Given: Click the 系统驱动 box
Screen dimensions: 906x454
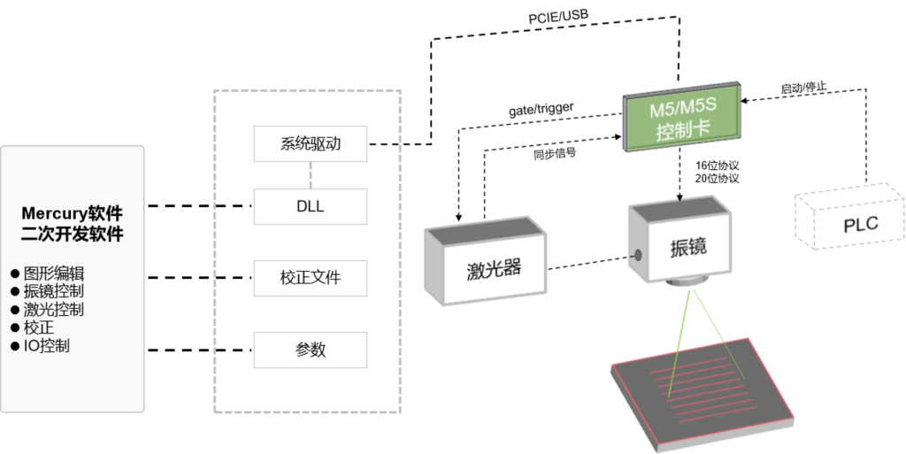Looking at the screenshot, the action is pos(311,144).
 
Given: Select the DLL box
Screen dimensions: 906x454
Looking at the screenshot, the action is pos(311,206).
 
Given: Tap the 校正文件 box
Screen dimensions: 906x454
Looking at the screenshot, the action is pos(311,278).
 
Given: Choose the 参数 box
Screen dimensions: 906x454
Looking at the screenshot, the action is pos(311,350).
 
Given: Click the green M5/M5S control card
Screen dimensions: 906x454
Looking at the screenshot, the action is pos(682,117).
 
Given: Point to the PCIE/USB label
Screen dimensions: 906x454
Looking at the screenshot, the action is pos(558,17).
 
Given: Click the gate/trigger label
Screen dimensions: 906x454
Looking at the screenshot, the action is pos(541,109).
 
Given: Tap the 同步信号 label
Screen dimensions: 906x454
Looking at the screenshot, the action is pos(554,154).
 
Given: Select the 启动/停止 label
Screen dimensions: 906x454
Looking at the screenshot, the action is pos(803,88).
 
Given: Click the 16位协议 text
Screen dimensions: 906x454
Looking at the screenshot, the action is pos(717,166).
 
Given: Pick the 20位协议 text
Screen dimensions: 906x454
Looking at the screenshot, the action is pos(717,179).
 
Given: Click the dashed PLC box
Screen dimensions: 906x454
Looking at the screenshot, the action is pos(849,216).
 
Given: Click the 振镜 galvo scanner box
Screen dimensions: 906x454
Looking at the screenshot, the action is pos(680,242).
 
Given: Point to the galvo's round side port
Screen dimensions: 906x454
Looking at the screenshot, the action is pos(638,255).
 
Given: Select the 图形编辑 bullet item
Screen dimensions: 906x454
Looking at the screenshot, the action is pos(48,273).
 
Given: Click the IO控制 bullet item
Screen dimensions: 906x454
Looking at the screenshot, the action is pos(40,346).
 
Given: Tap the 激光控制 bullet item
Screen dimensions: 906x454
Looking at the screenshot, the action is pos(48,310).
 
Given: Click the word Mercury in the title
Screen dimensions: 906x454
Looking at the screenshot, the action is pos(54,213).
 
